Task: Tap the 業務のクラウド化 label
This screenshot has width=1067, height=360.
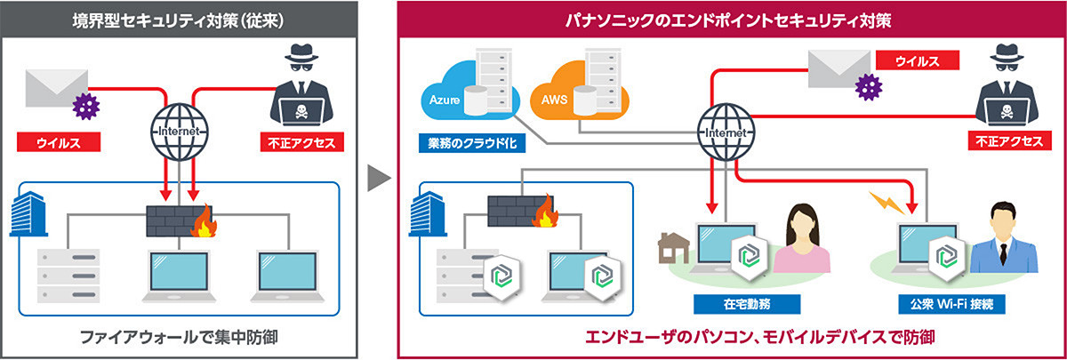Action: coord(469,141)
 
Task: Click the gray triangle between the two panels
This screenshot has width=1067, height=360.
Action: coord(379,178)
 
